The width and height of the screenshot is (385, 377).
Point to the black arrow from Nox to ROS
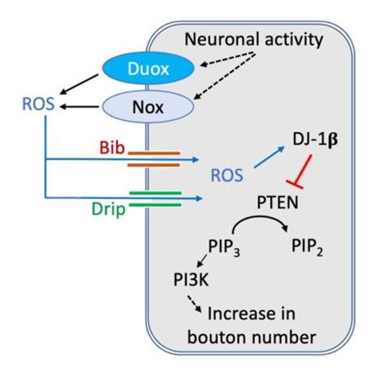pyautogui.click(x=88, y=105)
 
